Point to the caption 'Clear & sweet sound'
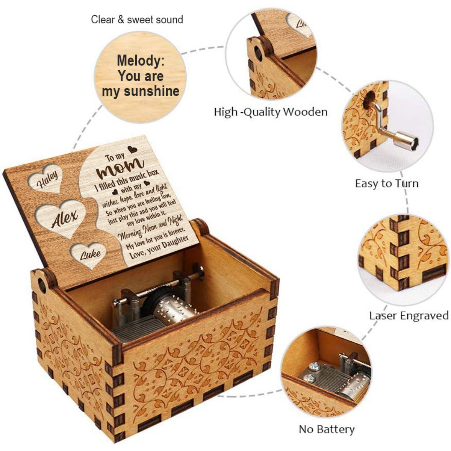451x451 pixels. (137, 20)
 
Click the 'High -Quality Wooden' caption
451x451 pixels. (271, 112)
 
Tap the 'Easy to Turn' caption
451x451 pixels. (387, 183)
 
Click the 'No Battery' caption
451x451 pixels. (327, 429)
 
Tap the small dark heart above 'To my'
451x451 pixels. (132, 150)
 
